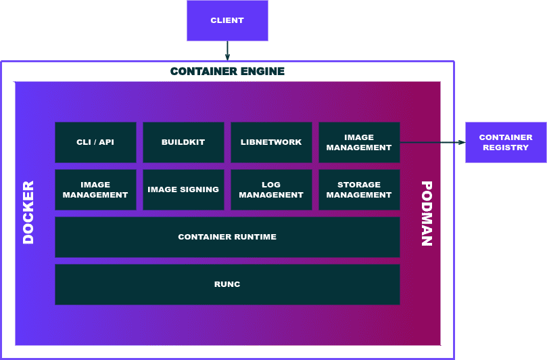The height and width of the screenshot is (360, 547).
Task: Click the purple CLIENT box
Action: [x=227, y=20]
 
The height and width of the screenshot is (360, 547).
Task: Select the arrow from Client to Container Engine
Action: [x=227, y=51]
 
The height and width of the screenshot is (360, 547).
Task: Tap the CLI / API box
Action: [x=95, y=142]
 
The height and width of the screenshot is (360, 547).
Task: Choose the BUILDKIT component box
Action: [x=183, y=142]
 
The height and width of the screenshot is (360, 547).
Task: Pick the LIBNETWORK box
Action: [x=271, y=142]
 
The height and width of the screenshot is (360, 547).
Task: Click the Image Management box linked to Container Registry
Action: [x=359, y=142]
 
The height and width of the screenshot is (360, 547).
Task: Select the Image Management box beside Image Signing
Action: [x=95, y=189]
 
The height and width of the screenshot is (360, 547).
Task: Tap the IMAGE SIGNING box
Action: [x=183, y=189]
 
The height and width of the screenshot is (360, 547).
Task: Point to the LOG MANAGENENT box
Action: [x=271, y=189]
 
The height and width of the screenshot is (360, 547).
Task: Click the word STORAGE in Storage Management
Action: [x=359, y=185]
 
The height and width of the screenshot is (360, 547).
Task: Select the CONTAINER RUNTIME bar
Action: [x=227, y=237]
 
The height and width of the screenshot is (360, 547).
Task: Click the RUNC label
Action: [x=227, y=284]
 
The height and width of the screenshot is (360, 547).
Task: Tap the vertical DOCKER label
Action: [x=28, y=212]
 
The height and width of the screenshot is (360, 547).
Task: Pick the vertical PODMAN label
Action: [x=427, y=212]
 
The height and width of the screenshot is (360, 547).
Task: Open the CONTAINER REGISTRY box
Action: [x=506, y=142]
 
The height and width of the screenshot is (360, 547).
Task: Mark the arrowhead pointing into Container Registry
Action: [x=461, y=142]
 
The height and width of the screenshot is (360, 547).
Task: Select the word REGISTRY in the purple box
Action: [x=506, y=148]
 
